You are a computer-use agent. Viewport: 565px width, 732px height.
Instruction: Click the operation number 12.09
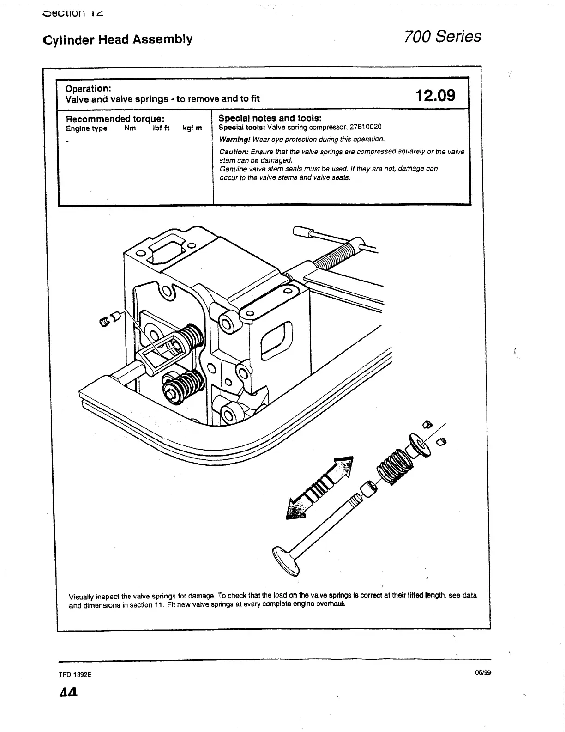pos(435,96)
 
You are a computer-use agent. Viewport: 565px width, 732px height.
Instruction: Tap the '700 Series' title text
pos(442,37)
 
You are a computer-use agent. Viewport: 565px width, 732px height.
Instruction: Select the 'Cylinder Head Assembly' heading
pos(117,39)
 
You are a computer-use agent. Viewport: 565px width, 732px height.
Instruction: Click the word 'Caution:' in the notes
pos(234,152)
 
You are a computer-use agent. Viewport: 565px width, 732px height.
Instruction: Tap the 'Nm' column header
pos(130,128)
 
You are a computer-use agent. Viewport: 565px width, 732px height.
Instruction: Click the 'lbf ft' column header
pos(161,128)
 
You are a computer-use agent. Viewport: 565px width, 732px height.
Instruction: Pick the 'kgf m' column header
pos(192,128)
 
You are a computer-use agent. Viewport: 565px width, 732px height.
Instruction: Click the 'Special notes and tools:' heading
pos(270,118)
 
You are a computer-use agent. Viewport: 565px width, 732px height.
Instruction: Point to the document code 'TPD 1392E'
pos(75,674)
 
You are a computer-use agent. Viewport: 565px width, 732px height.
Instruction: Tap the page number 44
pos(68,693)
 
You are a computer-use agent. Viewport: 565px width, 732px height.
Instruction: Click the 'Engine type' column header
pos(87,128)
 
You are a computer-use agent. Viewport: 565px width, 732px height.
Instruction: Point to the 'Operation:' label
pos(88,88)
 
